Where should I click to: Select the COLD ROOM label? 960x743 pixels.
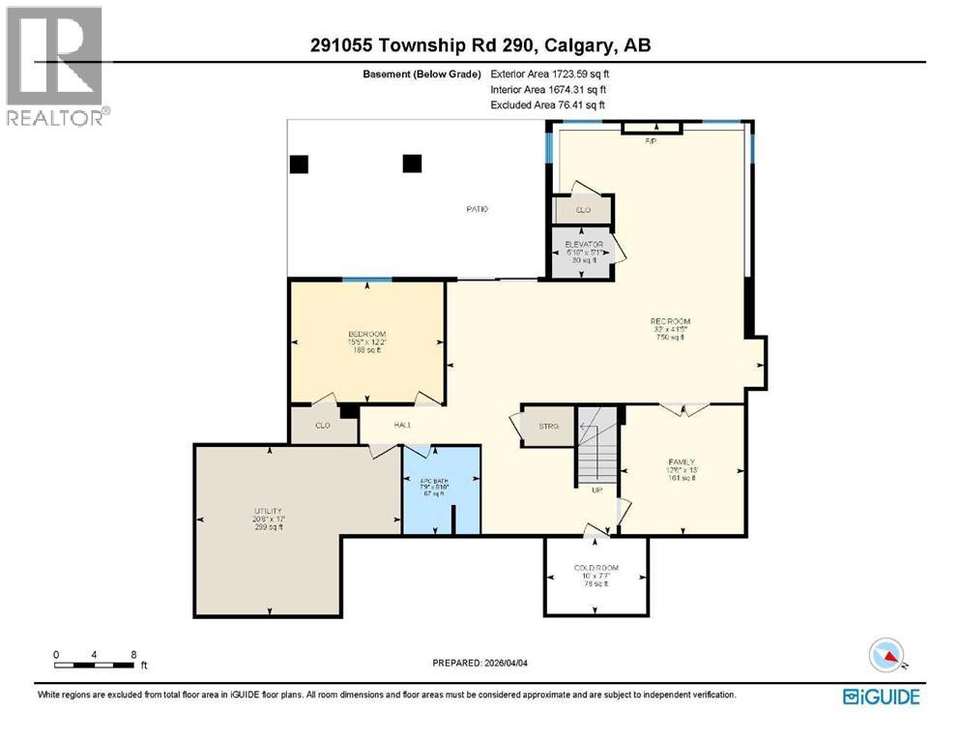596,568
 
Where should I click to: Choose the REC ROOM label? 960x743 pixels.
670,321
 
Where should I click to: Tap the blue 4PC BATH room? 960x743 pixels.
442,489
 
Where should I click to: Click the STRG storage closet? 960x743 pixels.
549,426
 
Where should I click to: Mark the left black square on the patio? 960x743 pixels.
300,164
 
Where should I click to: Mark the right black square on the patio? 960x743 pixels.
413,163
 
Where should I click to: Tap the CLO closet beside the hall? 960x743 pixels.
324,425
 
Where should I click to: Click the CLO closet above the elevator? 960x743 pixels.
582,209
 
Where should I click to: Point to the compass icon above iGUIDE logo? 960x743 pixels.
887,657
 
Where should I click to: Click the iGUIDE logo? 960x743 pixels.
881,697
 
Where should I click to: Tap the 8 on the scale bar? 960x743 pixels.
132,654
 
